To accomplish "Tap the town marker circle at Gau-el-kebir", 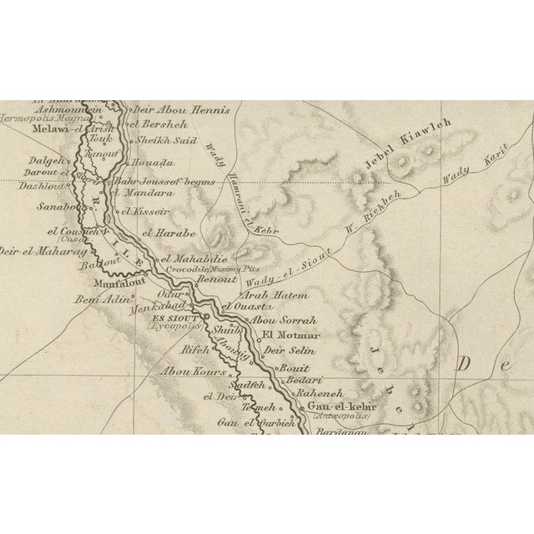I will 303,407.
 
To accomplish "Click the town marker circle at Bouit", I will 279,368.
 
